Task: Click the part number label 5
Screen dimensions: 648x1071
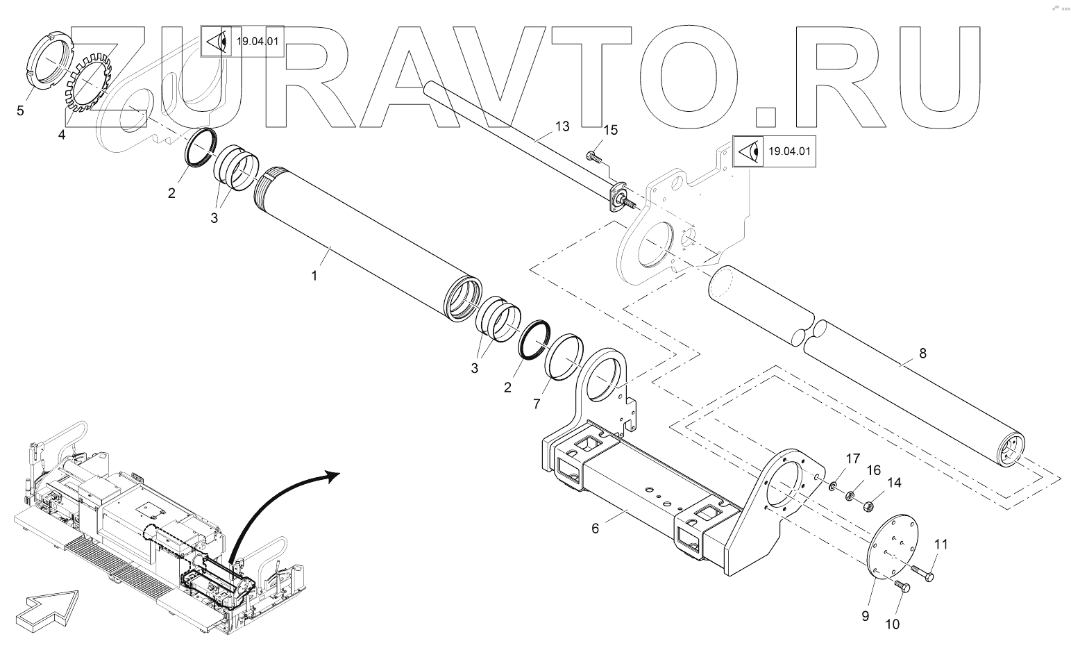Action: point(20,110)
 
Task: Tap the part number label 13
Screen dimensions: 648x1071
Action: point(562,126)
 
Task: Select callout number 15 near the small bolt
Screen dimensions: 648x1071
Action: point(610,130)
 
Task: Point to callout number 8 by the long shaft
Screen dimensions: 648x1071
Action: point(922,353)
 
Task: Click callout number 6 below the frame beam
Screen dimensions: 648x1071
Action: point(595,528)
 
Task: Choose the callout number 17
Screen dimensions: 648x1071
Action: point(852,458)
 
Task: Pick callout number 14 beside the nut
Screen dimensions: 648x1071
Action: point(893,483)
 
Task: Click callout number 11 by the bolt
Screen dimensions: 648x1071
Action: point(940,545)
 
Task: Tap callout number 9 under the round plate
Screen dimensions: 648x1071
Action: point(865,615)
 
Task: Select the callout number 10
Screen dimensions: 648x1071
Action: point(891,624)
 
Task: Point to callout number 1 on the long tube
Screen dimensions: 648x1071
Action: point(314,275)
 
